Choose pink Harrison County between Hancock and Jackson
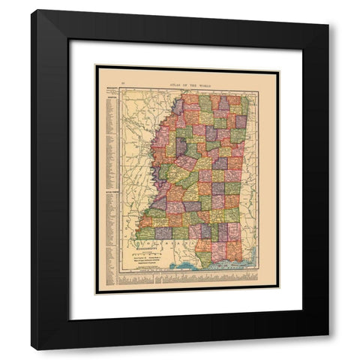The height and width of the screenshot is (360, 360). (223, 250)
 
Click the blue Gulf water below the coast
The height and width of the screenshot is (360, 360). (217, 268)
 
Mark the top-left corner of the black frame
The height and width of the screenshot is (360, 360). (31, 10)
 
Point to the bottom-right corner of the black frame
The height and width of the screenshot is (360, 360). (328, 349)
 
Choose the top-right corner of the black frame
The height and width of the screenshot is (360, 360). (328, 10)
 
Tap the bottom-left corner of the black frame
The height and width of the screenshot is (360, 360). (31, 349)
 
